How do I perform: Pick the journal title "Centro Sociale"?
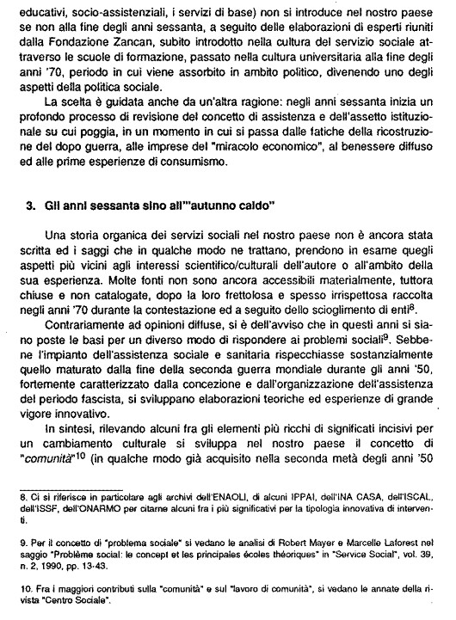pos(67,604)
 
